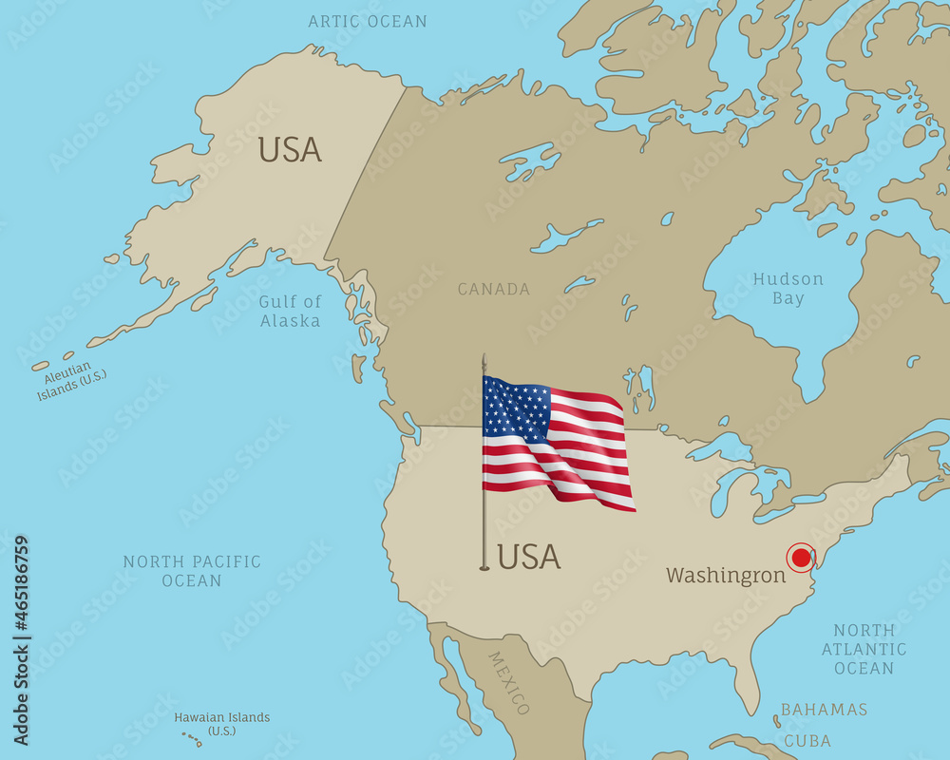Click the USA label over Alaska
pyautogui.click(x=290, y=150)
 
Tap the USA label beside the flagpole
pyautogui.click(x=529, y=557)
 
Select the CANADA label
pyautogui.click(x=494, y=289)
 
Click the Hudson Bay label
pyautogui.click(x=788, y=289)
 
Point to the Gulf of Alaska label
pyautogui.click(x=290, y=311)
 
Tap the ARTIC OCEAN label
pyautogui.click(x=368, y=21)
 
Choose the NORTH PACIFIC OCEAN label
pyautogui.click(x=192, y=570)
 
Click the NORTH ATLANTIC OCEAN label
pyautogui.click(x=864, y=649)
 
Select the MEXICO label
pyautogui.click(x=509, y=682)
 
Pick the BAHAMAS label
pyautogui.click(x=825, y=710)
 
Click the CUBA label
pyautogui.click(x=807, y=741)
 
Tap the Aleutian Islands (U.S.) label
pyautogui.click(x=71, y=381)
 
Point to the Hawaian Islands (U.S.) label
pyautogui.click(x=222, y=724)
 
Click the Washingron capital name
pyautogui.click(x=726, y=576)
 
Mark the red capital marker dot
pyautogui.click(x=801, y=558)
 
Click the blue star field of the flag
pyautogui.click(x=516, y=407)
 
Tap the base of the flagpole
pyautogui.click(x=484, y=567)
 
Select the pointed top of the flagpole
pyautogui.click(x=484, y=358)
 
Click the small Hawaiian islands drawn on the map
pyautogui.click(x=191, y=739)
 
